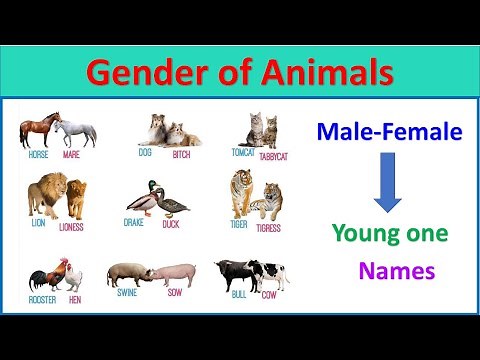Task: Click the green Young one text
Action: coord(390,235)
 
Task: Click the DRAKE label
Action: coord(134,223)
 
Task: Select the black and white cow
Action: coord(270,273)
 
